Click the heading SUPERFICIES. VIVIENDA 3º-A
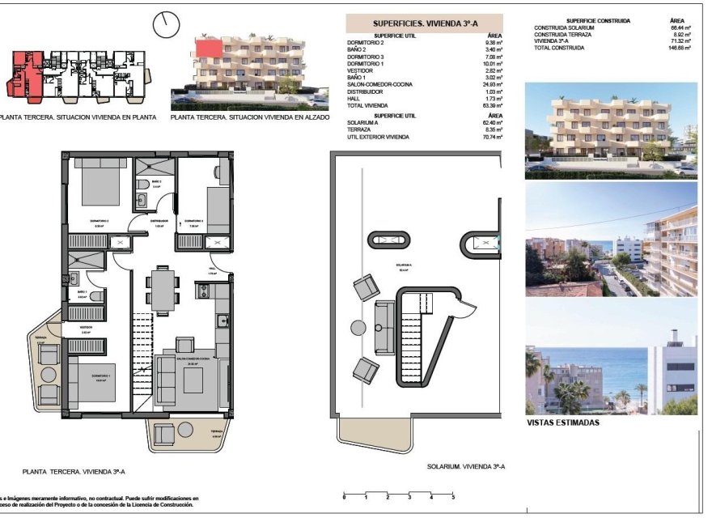click(x=424, y=24)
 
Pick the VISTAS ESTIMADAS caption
click(x=563, y=422)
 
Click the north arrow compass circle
click(x=166, y=23)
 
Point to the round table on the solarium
click(x=358, y=327)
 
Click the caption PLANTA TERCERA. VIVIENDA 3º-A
click(x=74, y=470)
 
